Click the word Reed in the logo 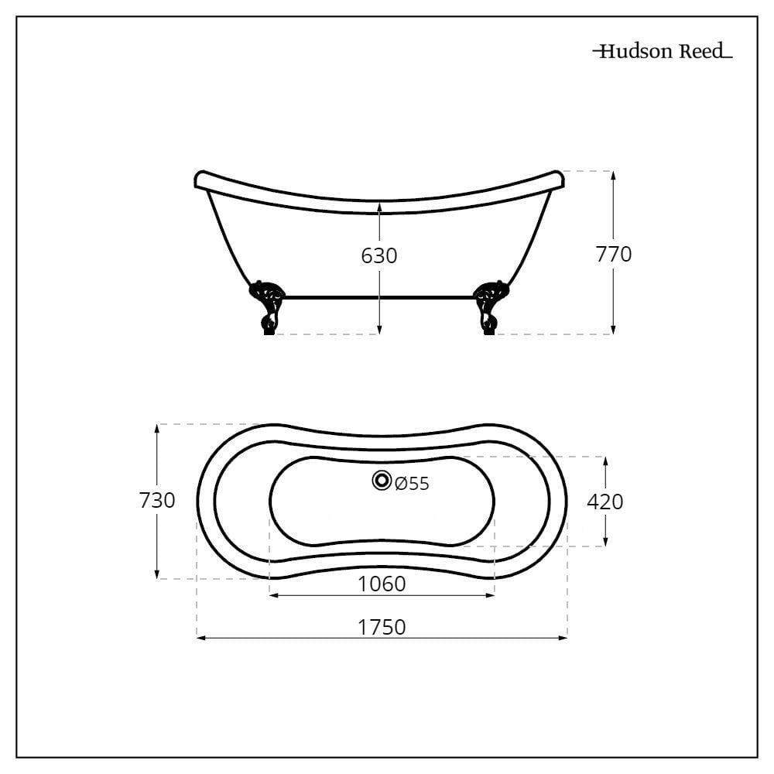(701, 51)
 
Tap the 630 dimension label (379, 255)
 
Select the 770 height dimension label (614, 254)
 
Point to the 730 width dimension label (157, 501)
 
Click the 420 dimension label (605, 502)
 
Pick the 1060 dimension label (382, 584)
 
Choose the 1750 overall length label (382, 628)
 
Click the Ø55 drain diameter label (413, 484)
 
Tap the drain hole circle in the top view (382, 481)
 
